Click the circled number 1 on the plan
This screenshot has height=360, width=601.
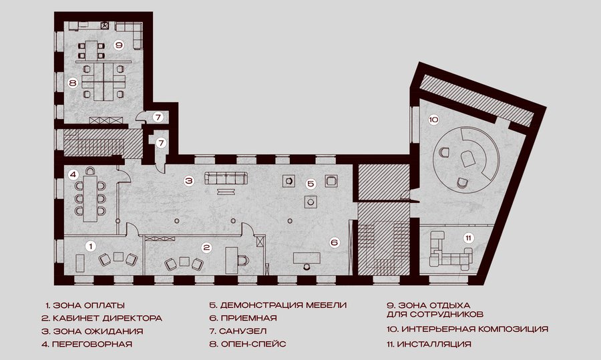(x=90, y=246)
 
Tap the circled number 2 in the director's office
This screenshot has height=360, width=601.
(x=206, y=248)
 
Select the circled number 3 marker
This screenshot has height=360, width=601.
(x=188, y=180)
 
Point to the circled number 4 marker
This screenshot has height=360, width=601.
(x=73, y=175)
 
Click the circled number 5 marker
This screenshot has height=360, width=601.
(x=311, y=184)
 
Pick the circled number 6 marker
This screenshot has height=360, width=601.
(x=335, y=242)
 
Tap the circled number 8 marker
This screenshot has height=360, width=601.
(x=73, y=83)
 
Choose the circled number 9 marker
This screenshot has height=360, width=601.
(x=119, y=45)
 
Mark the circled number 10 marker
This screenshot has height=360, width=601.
(x=433, y=120)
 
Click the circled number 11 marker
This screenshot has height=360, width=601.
(x=468, y=238)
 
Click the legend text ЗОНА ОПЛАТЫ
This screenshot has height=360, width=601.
(x=89, y=305)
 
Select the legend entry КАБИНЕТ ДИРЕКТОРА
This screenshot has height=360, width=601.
(x=108, y=318)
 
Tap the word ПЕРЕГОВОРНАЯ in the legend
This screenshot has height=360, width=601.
(x=92, y=344)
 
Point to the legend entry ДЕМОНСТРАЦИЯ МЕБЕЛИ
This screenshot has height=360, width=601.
(x=284, y=305)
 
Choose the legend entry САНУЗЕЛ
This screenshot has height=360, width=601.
(x=243, y=331)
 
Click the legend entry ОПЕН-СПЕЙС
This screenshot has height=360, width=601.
(x=253, y=344)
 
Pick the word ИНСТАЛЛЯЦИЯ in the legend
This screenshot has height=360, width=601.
(x=434, y=344)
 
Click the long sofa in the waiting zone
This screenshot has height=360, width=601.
(x=226, y=178)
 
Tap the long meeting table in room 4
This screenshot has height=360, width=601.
(x=90, y=198)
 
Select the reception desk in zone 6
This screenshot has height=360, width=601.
(x=307, y=258)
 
